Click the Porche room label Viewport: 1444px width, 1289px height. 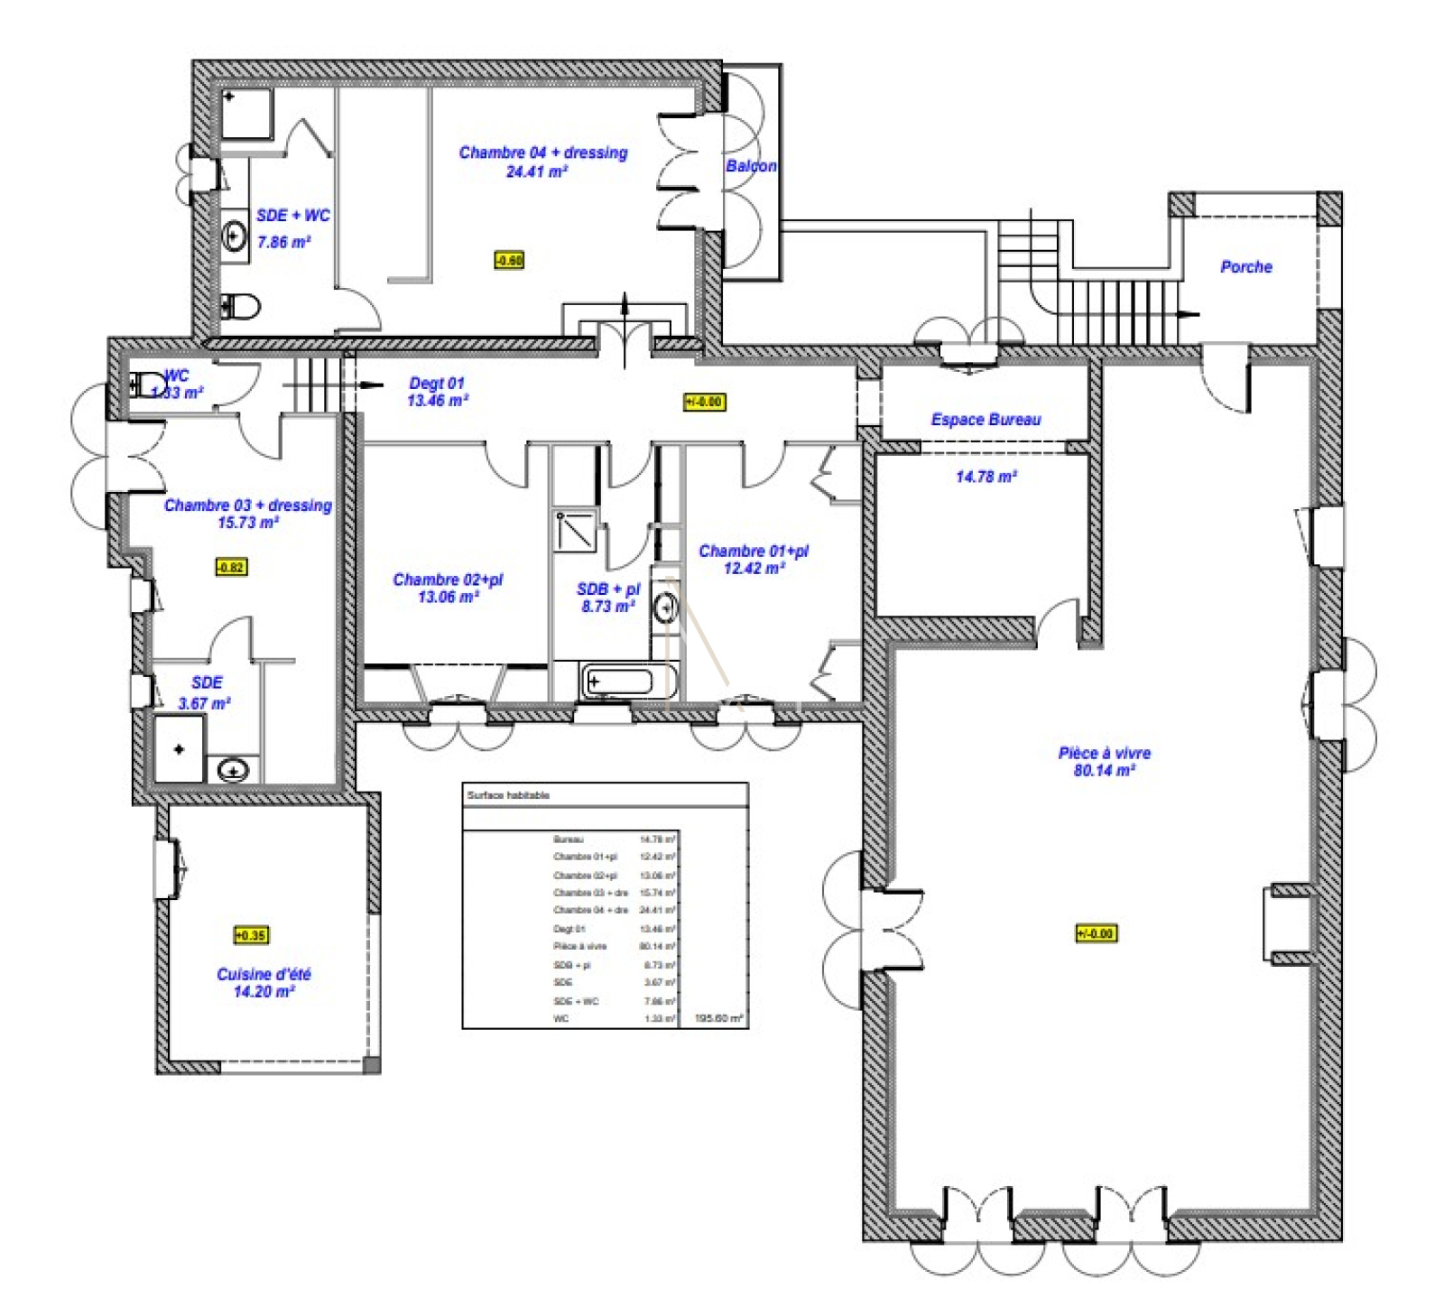point(1245,267)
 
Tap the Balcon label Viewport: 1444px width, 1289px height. point(751,166)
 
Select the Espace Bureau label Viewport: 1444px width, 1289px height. point(986,420)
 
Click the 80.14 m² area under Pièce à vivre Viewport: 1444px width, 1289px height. point(1103,771)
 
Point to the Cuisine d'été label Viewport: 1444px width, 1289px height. point(264,974)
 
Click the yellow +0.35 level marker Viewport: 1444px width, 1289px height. point(251,935)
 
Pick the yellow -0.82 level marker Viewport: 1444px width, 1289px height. point(231,568)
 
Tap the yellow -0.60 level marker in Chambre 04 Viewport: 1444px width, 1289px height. point(509,261)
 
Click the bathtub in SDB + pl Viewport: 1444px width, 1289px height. point(618,682)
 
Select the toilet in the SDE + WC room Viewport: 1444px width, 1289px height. point(241,307)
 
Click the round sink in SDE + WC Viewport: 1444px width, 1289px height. point(235,236)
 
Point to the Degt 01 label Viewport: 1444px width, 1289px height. point(437,384)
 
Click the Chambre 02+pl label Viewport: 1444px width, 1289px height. point(448,580)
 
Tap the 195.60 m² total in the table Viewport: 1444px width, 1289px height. point(718,1018)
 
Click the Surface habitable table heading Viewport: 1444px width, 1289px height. point(508,795)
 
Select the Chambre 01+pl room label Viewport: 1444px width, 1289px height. point(754,551)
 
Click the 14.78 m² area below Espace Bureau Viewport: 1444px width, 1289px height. point(986,477)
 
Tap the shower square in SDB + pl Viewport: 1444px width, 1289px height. point(575,531)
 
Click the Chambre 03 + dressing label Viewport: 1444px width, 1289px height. point(247,505)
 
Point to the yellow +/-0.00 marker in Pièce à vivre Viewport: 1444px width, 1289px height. point(1096,933)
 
